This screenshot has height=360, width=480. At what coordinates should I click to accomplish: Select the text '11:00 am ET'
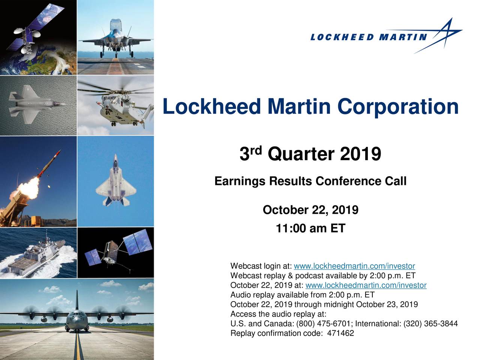click(x=310, y=228)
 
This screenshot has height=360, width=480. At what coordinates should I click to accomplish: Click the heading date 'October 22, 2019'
click(x=310, y=210)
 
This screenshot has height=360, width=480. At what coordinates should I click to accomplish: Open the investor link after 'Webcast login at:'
click(x=354, y=266)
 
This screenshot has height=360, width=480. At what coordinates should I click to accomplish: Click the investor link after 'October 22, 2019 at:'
click(x=366, y=286)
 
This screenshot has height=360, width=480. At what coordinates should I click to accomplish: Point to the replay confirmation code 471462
click(x=340, y=333)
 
